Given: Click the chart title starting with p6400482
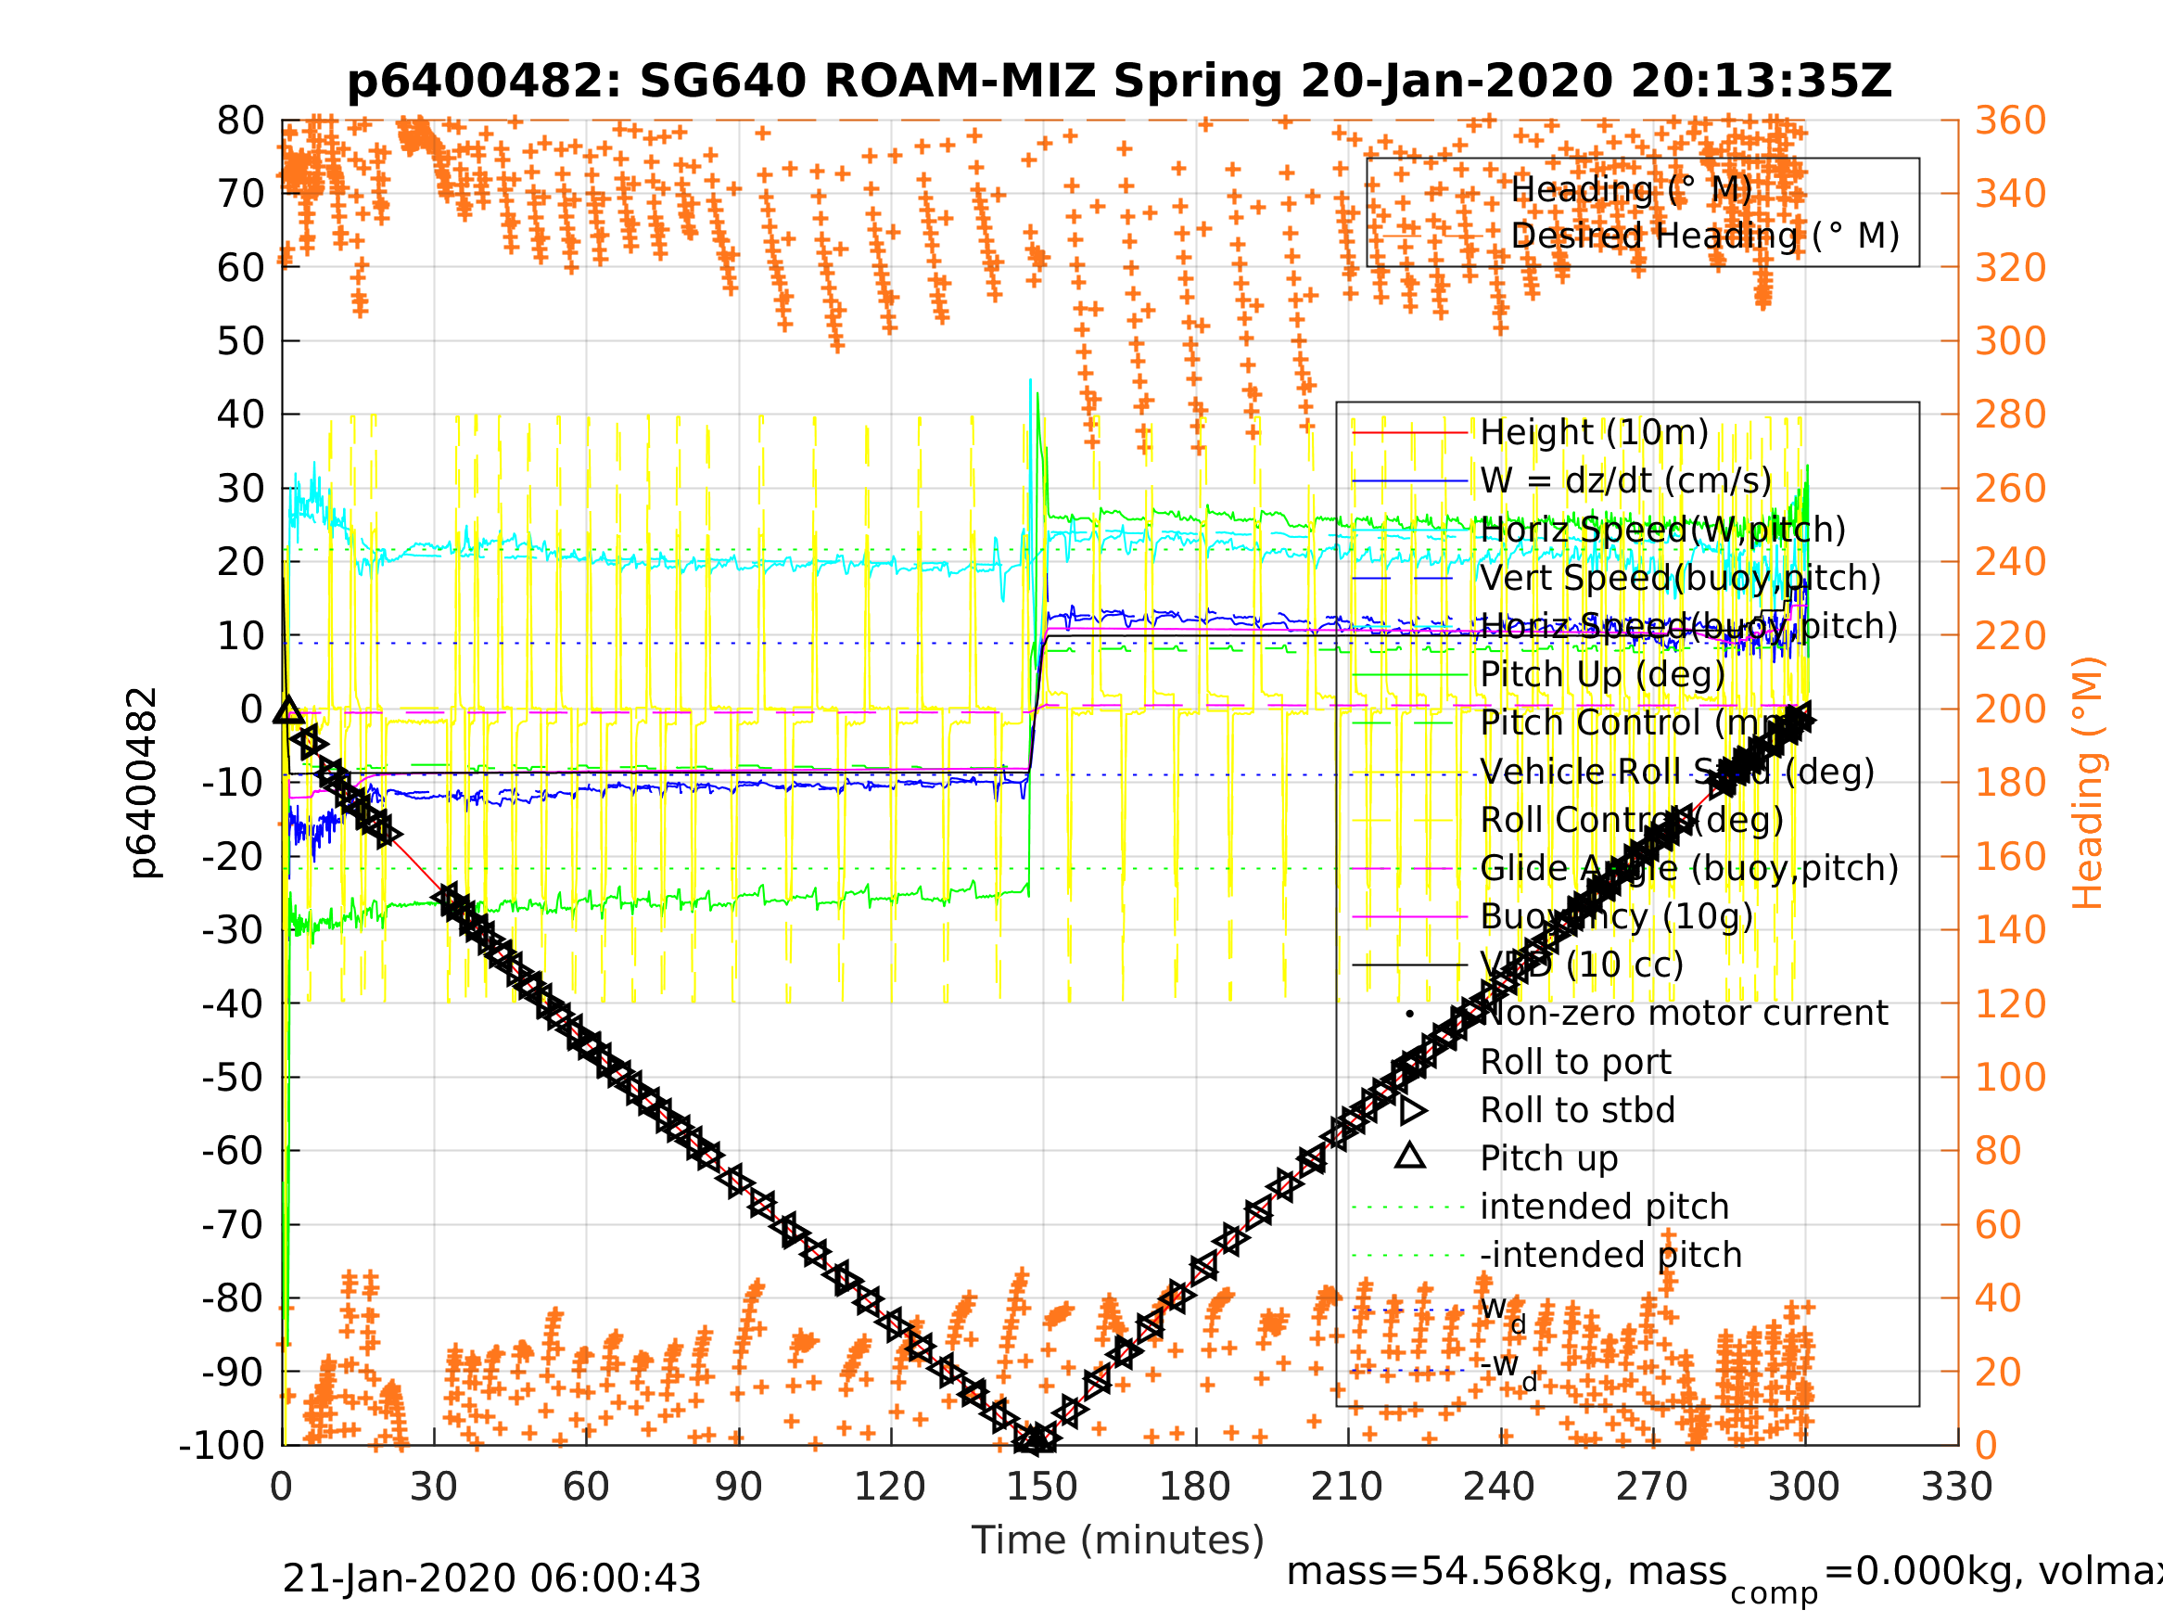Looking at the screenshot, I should click(1120, 82).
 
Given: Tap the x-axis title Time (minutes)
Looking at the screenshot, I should click(1118, 1540).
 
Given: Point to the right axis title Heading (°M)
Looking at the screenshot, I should click(2087, 783).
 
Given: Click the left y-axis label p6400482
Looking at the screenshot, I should click(144, 783).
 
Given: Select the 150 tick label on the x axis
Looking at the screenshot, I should click(1042, 1487).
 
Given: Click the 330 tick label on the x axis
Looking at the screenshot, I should click(1956, 1487).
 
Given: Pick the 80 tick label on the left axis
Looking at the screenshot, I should click(240, 121).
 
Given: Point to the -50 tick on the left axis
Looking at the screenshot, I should click(233, 1077).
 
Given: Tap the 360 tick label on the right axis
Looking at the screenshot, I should click(2010, 121).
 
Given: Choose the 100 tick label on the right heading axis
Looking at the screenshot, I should click(2010, 1077).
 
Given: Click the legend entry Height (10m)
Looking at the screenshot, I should click(1594, 432).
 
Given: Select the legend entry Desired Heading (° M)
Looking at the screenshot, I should click(1704, 236).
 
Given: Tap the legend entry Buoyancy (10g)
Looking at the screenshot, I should click(1616, 916).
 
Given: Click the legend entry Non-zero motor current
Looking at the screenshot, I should click(1684, 1014).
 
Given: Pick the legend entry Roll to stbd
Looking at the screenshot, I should click(1577, 1110).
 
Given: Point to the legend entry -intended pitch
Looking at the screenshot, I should click(1610, 1255).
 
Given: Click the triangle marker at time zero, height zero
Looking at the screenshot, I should click(288, 710).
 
